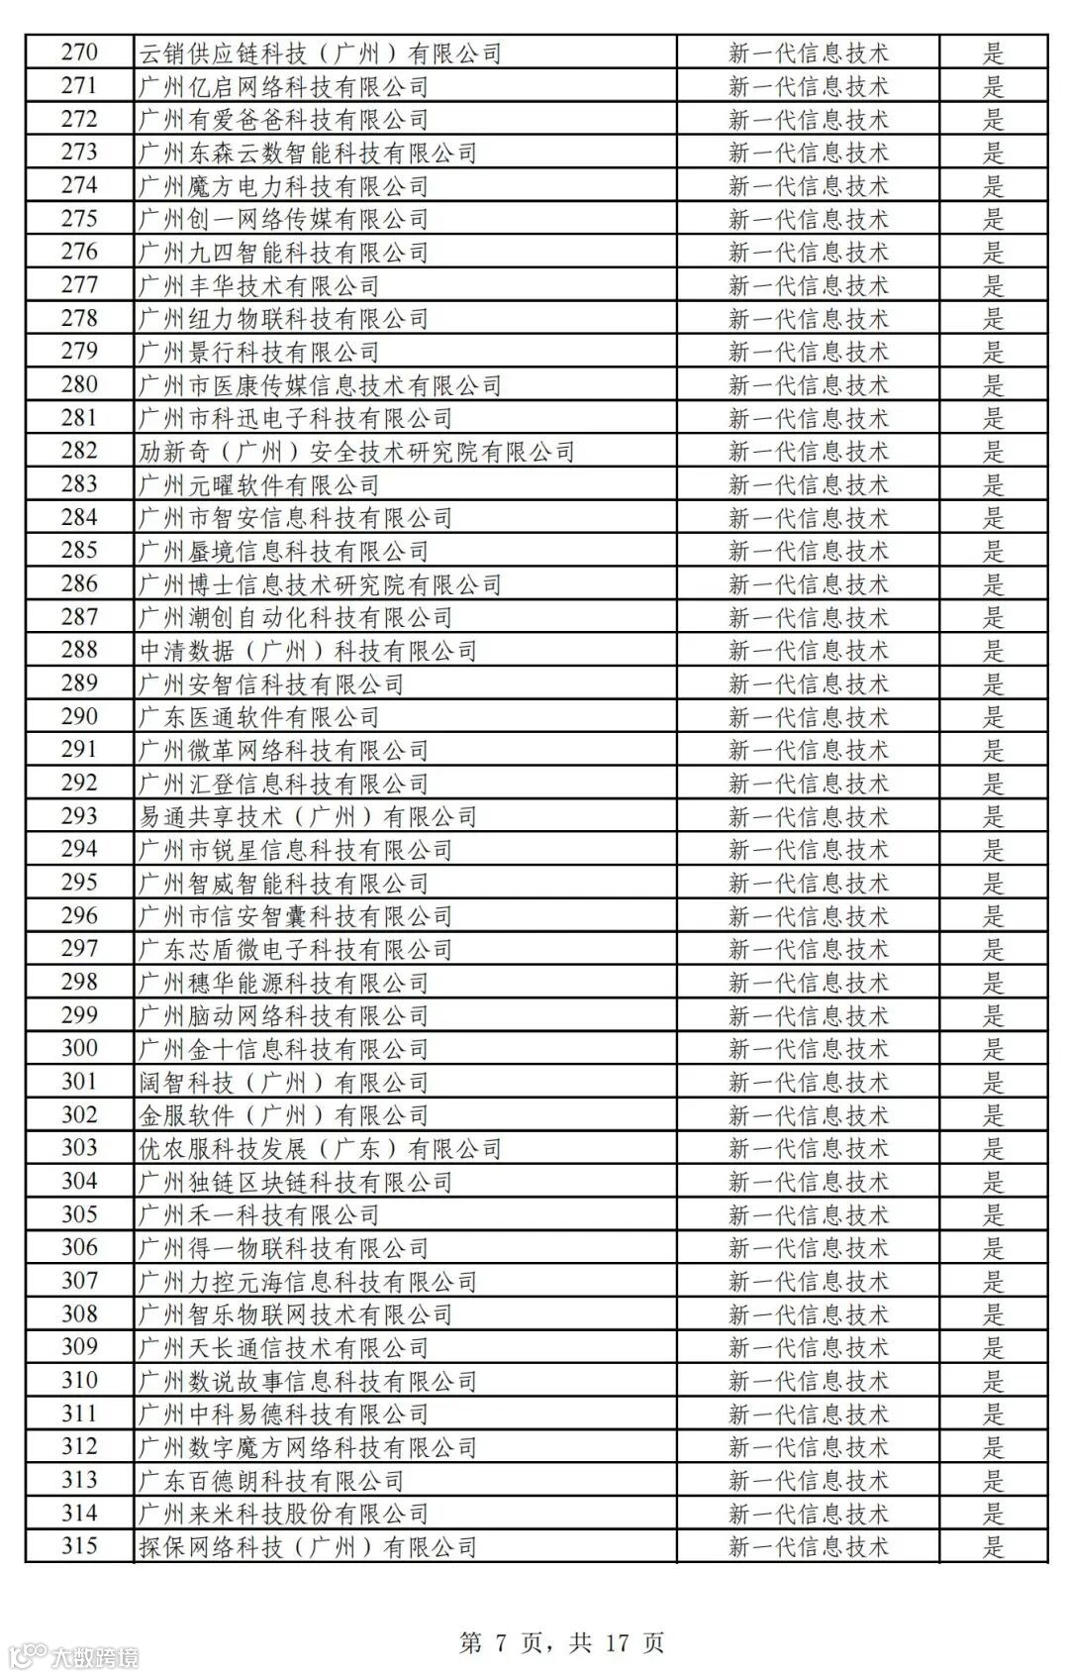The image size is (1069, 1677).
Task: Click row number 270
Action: [79, 52]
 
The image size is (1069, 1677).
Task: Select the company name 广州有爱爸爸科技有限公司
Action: [283, 120]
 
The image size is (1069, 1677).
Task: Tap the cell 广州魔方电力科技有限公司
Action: [283, 186]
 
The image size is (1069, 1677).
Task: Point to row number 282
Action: [79, 451]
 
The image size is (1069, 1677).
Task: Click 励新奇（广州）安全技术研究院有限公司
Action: [356, 452]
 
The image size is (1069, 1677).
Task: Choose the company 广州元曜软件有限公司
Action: [259, 485]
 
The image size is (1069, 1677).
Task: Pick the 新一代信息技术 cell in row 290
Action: [808, 717]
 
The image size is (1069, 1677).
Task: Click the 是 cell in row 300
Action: [993, 1049]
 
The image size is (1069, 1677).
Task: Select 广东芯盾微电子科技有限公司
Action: [295, 950]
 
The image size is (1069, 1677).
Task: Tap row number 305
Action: [79, 1214]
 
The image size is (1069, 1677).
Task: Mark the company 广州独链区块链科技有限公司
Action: [295, 1182]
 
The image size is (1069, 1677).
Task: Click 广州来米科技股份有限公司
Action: [283, 1514]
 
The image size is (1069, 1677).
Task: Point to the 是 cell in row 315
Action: [993, 1547]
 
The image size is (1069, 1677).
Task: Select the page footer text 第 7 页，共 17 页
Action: [561, 1642]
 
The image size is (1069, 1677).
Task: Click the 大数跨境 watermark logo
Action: [74, 1655]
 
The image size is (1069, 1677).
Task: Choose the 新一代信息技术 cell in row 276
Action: [808, 253]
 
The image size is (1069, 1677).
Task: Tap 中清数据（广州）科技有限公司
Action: [308, 651]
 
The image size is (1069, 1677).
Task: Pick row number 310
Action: [79, 1381]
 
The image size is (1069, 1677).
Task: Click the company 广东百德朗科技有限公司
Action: [271, 1481]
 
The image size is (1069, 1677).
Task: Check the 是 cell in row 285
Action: [993, 551]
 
